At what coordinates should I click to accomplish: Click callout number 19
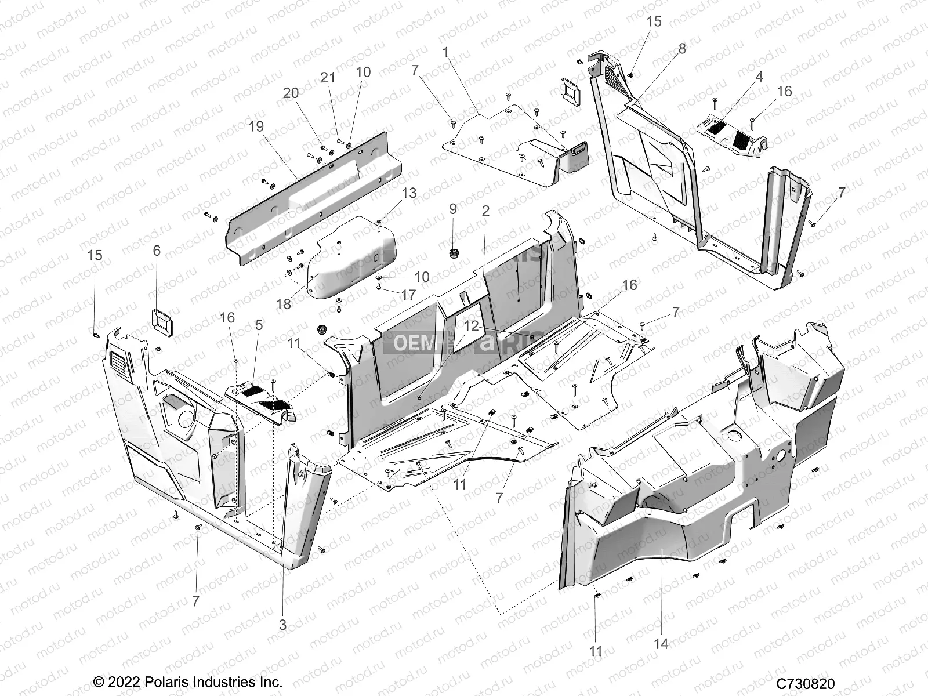[x=256, y=126]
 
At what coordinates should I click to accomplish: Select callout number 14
[x=661, y=644]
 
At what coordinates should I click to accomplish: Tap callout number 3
[x=282, y=625]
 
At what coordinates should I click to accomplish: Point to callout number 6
[x=157, y=251]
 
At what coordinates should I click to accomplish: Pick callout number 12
[x=472, y=326]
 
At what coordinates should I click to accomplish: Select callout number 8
[x=682, y=49]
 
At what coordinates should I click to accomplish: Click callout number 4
[x=759, y=77]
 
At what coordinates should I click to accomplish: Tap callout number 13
[x=409, y=193]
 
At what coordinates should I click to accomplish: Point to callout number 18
[x=284, y=303]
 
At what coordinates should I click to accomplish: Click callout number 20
[x=291, y=93]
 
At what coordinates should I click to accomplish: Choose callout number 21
[x=328, y=77]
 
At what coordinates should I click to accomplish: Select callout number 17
[x=408, y=295]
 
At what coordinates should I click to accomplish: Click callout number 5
[x=259, y=325]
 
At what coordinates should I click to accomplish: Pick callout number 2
[x=485, y=211]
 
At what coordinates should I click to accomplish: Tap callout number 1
[x=445, y=52]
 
